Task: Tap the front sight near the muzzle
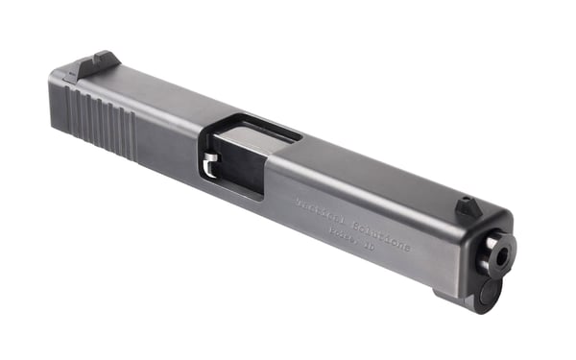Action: pos(468,206)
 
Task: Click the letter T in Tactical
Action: pos(299,202)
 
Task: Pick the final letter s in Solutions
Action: pos(408,249)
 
